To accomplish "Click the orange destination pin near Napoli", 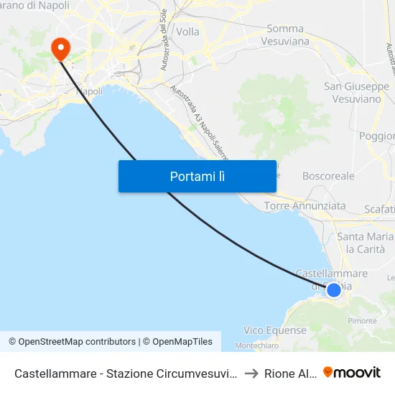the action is (x=60, y=48).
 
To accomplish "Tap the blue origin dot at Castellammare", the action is (x=334, y=290).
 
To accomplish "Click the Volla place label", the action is (x=188, y=32).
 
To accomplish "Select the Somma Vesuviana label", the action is (x=288, y=34).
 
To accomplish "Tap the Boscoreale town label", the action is (x=328, y=175).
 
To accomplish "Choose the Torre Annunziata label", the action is (x=305, y=206).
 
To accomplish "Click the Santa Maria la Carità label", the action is (x=366, y=243).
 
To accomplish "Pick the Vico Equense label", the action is (x=274, y=330).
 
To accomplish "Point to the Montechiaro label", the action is (x=257, y=345).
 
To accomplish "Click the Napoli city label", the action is (x=89, y=91).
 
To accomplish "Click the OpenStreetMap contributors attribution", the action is (x=72, y=342).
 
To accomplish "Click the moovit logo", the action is (x=352, y=373).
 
